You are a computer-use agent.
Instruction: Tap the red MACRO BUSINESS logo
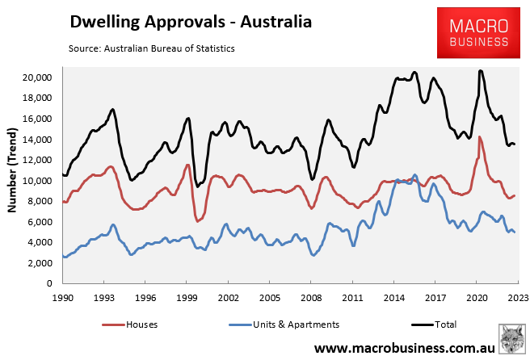pyautogui.click(x=478, y=34)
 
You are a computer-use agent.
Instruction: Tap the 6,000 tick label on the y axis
pyautogui.click(x=37, y=222)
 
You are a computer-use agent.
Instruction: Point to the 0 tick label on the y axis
pyautogui.click(x=48, y=284)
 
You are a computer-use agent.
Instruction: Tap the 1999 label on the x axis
pyautogui.click(x=187, y=297)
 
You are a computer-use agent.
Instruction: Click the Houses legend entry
pyautogui.click(x=133, y=324)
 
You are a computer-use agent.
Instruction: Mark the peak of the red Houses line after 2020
pyautogui.click(x=480, y=137)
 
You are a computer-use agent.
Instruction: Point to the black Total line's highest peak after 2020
pyautogui.click(x=481, y=71)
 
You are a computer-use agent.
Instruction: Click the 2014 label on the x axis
pyautogui.click(x=394, y=297)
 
